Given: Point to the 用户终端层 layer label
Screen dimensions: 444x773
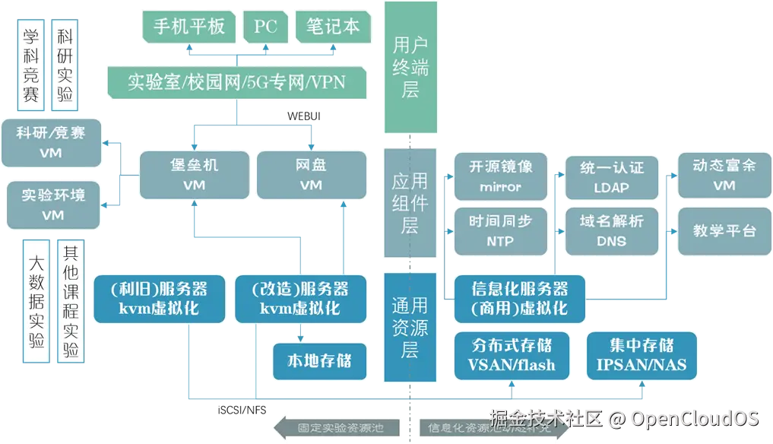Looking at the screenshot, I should (x=410, y=68).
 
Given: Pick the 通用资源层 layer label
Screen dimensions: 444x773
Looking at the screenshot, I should (x=410, y=328).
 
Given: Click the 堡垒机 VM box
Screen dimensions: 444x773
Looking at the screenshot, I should (x=194, y=175).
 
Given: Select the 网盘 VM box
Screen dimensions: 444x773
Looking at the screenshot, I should (x=310, y=175).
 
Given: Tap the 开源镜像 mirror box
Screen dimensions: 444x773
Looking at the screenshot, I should (x=500, y=176).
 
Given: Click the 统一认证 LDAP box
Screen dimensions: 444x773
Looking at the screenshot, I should (x=611, y=176).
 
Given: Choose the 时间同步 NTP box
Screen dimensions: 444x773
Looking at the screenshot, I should (x=500, y=231).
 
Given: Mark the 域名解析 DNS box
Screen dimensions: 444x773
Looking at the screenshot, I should (x=611, y=231).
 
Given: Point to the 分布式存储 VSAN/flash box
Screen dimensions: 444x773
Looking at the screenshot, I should (x=512, y=354).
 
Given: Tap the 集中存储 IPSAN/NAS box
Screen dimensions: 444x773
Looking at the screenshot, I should (x=642, y=354).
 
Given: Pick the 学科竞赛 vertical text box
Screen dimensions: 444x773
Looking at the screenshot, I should (x=30, y=62).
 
